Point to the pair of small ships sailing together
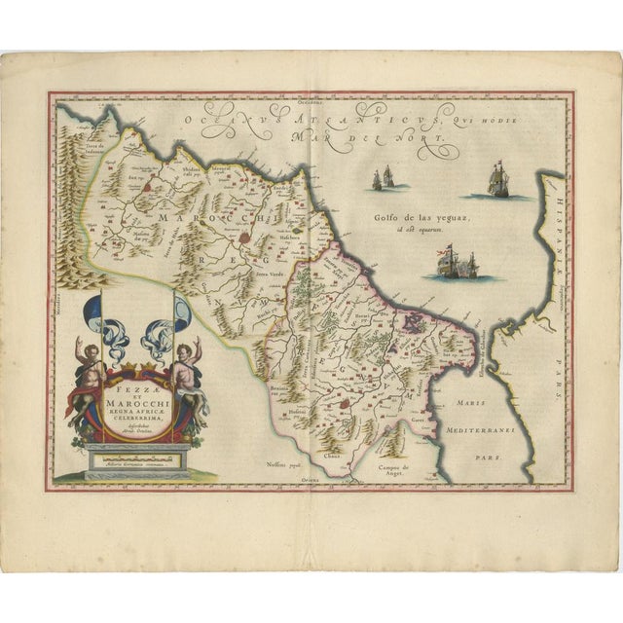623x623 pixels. click(383, 177)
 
